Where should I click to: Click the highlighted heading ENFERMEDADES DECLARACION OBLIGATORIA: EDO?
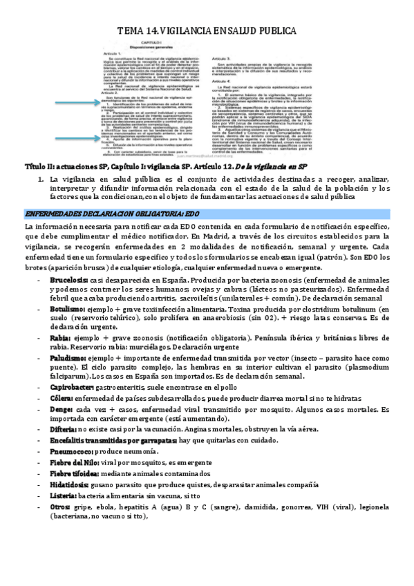tap(112, 214)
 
